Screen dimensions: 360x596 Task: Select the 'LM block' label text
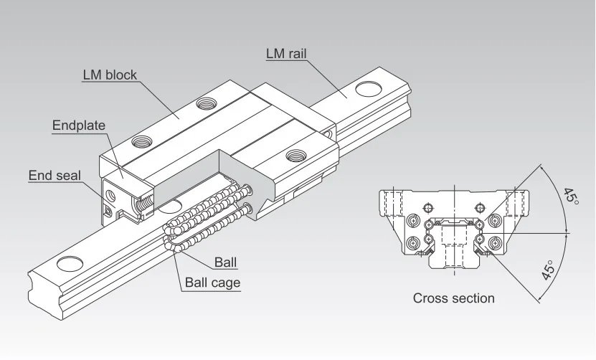tap(110, 75)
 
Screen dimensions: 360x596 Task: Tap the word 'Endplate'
tap(79, 125)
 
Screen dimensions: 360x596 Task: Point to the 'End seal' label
tap(55, 175)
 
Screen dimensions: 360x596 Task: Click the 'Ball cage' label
tap(213, 282)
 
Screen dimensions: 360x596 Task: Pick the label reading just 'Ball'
tap(225, 262)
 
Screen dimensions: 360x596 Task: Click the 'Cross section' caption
tap(453, 298)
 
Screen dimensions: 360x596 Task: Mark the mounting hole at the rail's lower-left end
tap(68, 262)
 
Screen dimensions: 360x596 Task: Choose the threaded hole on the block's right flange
tap(295, 154)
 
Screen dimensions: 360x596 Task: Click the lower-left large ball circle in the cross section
tap(414, 244)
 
